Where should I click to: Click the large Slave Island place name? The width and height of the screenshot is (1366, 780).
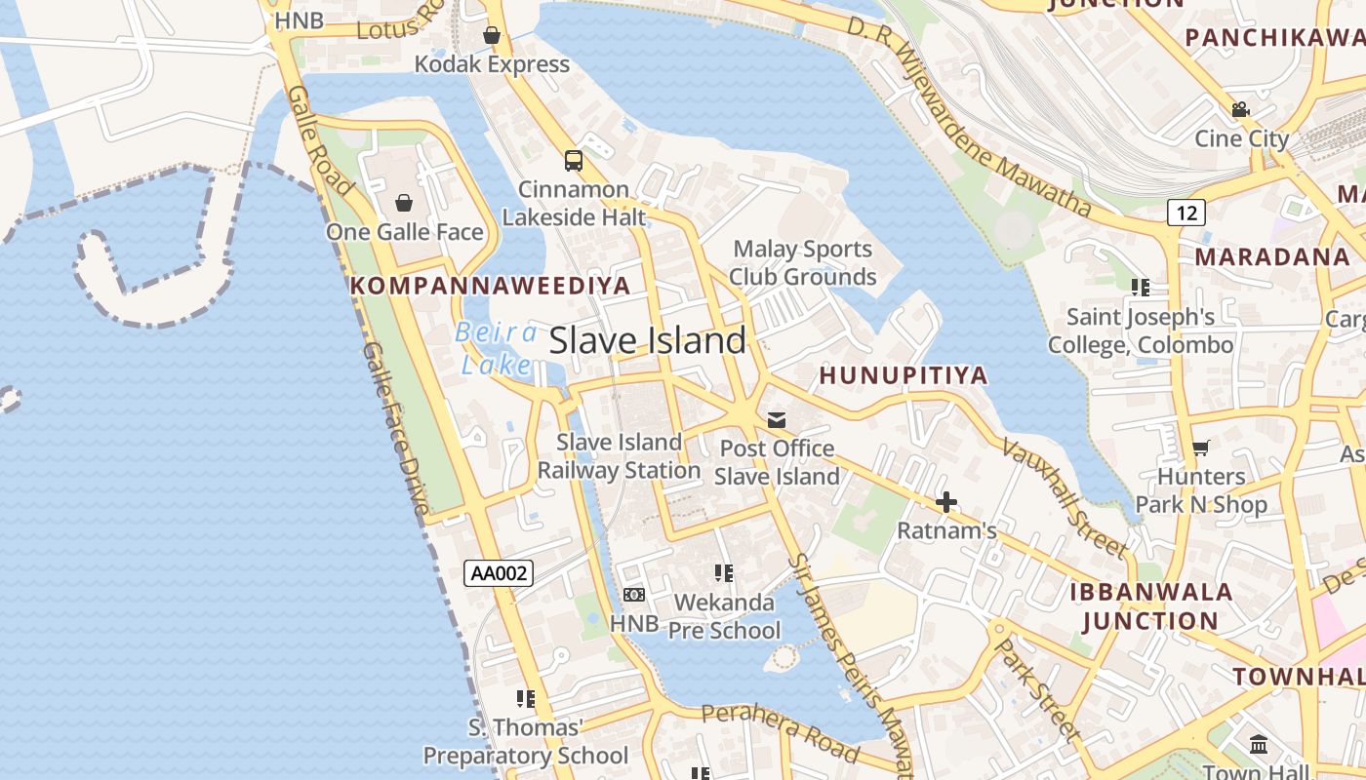648,340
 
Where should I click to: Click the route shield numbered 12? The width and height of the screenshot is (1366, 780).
1185,212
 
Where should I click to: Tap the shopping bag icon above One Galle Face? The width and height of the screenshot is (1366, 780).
404,203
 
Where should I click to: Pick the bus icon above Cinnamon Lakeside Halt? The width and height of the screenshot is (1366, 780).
574,161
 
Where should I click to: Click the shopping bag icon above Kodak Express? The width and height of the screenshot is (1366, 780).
492,36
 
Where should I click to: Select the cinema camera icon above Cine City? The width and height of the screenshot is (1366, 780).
1241,109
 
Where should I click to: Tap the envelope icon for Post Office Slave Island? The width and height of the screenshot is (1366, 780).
777,420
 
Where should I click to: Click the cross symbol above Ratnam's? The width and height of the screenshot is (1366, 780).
946,503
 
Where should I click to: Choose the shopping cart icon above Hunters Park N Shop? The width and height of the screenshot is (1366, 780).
1201,448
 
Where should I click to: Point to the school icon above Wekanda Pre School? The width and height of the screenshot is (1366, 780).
724,573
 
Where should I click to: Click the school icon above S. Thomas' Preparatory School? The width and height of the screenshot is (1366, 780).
526,699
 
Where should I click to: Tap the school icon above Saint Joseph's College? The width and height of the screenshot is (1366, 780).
1140,288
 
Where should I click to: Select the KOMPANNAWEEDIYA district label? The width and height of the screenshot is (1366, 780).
490,286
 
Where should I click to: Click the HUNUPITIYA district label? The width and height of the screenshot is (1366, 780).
904,375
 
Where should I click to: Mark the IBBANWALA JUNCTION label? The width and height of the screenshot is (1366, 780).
1151,605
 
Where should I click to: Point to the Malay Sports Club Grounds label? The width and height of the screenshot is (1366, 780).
802,263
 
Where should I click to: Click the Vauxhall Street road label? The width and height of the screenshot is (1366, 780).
1065,497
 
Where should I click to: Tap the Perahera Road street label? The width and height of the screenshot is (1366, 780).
781,730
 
